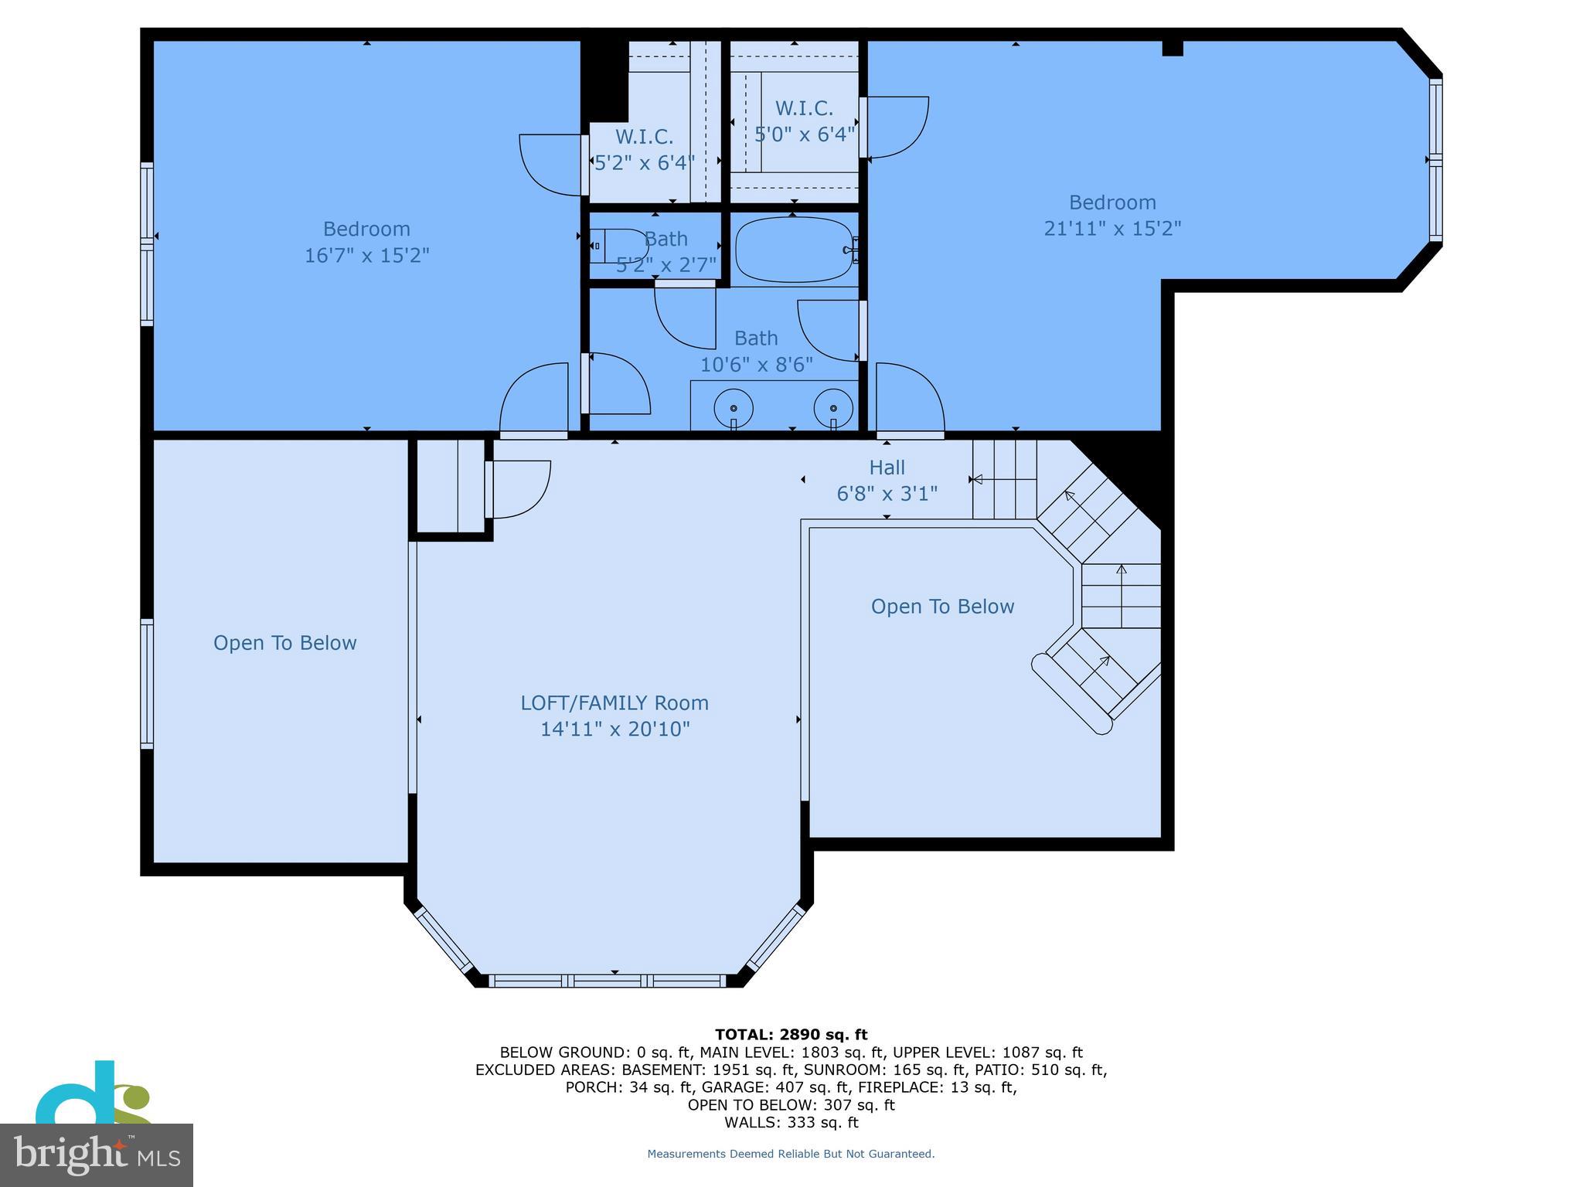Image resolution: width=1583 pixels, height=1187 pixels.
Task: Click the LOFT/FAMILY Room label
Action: [x=614, y=702]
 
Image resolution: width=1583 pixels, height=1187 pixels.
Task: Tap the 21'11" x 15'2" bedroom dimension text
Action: [x=1112, y=229]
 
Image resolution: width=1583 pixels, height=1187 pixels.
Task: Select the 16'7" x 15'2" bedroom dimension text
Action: [x=366, y=255]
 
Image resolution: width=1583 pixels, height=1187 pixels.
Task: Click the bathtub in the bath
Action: [x=794, y=250]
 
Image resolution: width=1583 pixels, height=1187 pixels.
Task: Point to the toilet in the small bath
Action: [x=618, y=246]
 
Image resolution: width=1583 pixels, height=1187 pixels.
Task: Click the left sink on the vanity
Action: [x=733, y=408]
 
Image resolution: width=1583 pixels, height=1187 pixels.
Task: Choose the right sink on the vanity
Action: [x=832, y=408]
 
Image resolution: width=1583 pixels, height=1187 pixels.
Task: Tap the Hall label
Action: [x=887, y=468]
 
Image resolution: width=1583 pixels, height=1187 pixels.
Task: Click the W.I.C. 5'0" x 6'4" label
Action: [x=804, y=121]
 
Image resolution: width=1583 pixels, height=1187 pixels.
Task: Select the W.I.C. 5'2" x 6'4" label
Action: [x=644, y=150]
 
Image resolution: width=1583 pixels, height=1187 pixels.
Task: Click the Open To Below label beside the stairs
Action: [x=942, y=607]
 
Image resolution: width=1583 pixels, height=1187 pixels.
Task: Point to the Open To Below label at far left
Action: [x=284, y=643]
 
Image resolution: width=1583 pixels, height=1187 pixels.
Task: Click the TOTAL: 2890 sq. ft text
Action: [x=791, y=1035]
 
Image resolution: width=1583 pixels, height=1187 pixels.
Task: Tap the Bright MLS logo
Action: [x=97, y=1155]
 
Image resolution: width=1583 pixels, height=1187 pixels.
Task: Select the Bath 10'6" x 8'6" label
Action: [x=756, y=352]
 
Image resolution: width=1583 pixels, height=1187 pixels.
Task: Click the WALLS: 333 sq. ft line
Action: [x=791, y=1122]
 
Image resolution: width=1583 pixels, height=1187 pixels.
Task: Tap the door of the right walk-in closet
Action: [x=895, y=128]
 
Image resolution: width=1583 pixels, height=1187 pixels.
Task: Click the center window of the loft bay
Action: [x=608, y=981]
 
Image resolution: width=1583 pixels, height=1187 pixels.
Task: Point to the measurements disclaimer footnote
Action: [x=791, y=1154]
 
